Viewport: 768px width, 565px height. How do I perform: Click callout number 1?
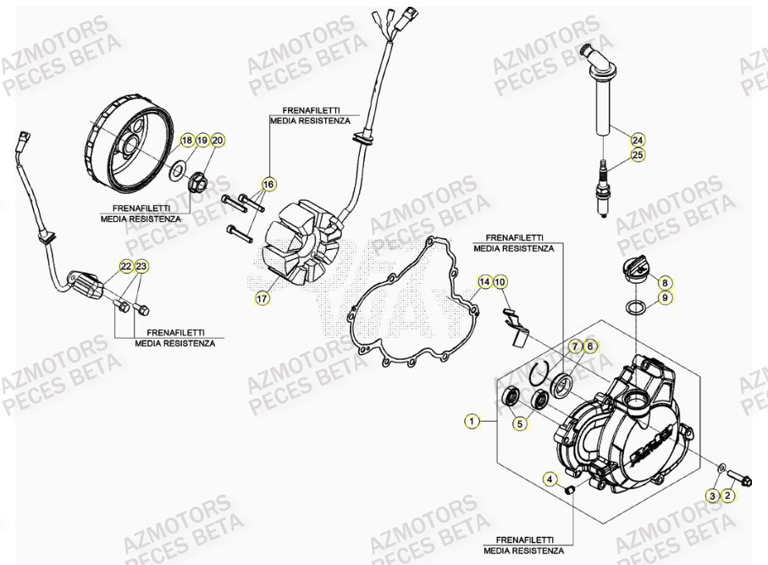coord(471,420)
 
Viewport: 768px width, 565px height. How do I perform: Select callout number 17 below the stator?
coord(263,298)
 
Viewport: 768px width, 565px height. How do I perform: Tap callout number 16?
coord(268,184)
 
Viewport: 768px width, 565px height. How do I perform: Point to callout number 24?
coord(637,139)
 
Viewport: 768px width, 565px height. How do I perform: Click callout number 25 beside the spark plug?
coord(637,155)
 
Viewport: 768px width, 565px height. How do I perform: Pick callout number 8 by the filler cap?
coord(665,283)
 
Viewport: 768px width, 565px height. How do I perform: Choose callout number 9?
coord(665,298)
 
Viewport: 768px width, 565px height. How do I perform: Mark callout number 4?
coord(550,480)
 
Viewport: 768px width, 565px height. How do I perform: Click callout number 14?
coord(484,281)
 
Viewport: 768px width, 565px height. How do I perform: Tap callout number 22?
coord(125,267)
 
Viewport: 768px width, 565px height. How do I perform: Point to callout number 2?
coord(727,496)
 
